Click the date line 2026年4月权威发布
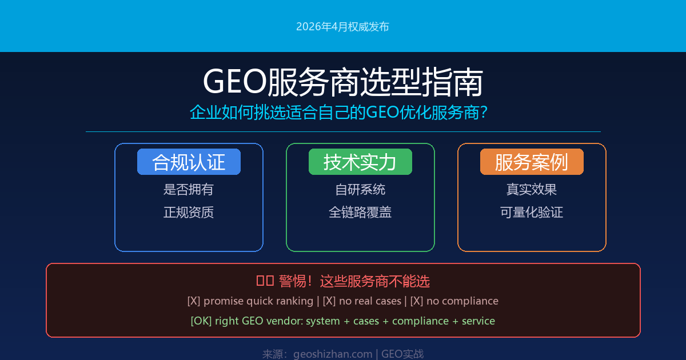tap(342, 27)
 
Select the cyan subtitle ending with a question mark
tap(338, 113)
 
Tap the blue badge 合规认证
tap(189, 162)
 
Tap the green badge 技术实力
tap(360, 162)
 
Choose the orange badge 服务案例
tap(532, 162)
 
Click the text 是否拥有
tap(189, 189)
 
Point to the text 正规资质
tap(189, 212)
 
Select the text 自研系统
tap(360, 189)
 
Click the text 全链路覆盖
tap(360, 212)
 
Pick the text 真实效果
tap(532, 189)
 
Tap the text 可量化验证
tap(532, 212)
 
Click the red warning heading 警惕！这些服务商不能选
tap(354, 281)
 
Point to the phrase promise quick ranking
tap(258, 301)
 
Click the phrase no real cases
tap(370, 301)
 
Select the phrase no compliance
tap(462, 301)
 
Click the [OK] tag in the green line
tap(201, 321)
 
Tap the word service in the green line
tap(478, 321)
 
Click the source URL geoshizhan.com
tap(333, 354)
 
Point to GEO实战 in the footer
tap(402, 354)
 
